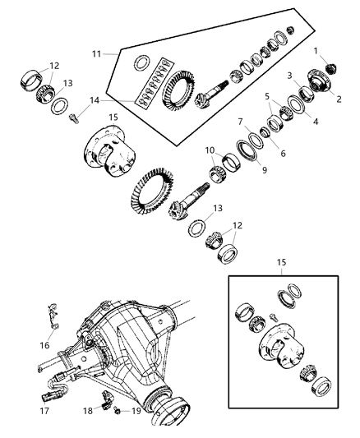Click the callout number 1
pyautogui.click(x=315, y=51)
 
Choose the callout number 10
pyautogui.click(x=210, y=150)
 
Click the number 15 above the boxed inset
pyautogui.click(x=281, y=262)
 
